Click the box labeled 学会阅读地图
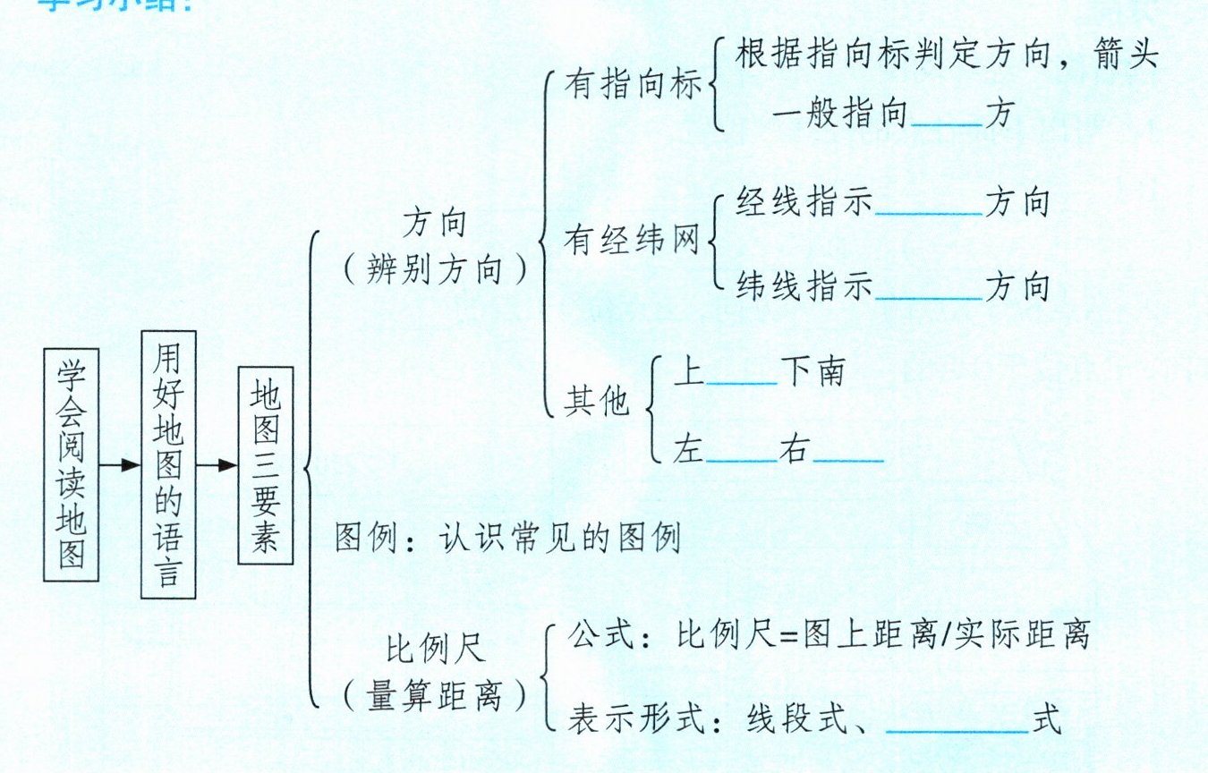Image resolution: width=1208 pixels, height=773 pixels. tap(71, 465)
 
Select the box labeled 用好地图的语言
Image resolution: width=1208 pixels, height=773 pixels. tap(168, 464)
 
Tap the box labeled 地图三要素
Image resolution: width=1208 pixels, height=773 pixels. tap(266, 465)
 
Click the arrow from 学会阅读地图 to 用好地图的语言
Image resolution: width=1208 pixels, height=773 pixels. tap(119, 465)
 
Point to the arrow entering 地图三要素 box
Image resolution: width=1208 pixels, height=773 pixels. tap(217, 465)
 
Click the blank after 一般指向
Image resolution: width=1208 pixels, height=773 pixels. tap(947, 122)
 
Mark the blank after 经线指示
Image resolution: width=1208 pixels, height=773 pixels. tap(929, 211)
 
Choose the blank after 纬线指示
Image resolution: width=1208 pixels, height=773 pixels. tap(929, 295)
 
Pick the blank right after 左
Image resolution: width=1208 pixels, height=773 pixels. tap(742, 458)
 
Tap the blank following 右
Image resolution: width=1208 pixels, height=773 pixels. tap(848, 458)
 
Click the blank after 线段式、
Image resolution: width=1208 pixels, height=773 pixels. tap(957, 729)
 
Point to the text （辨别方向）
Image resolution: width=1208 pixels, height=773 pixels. tap(435, 268)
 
